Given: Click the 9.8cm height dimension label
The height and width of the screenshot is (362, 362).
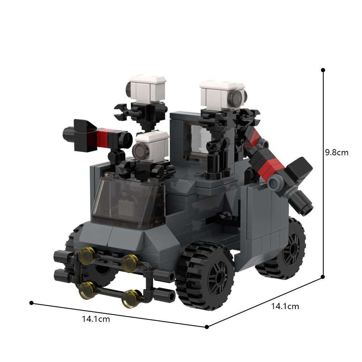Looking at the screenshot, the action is (x=337, y=153).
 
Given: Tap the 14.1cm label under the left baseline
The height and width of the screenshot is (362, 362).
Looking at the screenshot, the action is (x=96, y=319).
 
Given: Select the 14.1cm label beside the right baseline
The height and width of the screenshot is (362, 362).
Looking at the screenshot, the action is (x=285, y=306).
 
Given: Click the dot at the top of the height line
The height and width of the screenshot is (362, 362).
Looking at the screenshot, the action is (x=323, y=70).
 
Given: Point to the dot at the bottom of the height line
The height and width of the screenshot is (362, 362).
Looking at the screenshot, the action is (x=323, y=277).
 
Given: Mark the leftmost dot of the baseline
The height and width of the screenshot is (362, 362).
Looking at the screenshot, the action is (x=31, y=303).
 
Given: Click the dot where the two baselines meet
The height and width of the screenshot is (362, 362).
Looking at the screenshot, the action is (x=207, y=327).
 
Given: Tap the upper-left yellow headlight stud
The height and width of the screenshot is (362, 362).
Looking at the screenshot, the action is (x=87, y=253).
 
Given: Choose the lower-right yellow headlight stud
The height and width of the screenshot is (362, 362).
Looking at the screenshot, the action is (x=130, y=299).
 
